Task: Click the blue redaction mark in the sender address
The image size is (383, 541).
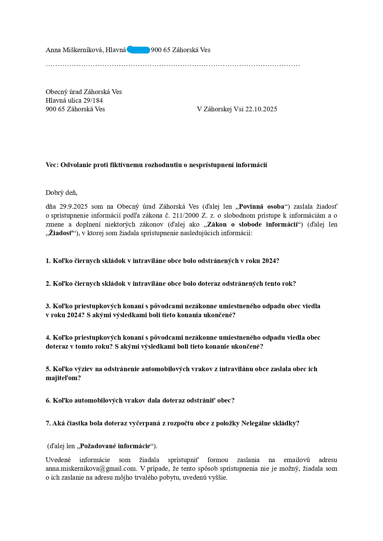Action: coord(138,50)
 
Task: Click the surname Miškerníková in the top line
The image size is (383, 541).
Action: coord(83,50)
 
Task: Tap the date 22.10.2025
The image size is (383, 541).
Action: coord(261,109)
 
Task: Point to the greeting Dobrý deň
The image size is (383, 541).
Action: coord(61,193)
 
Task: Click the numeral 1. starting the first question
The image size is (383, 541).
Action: coord(48,261)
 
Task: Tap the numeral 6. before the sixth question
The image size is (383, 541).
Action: coord(48,400)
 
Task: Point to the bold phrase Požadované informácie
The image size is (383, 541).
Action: coord(115,446)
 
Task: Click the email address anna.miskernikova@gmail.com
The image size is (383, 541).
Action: coord(91,469)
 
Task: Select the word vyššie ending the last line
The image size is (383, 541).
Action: coord(218,478)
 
